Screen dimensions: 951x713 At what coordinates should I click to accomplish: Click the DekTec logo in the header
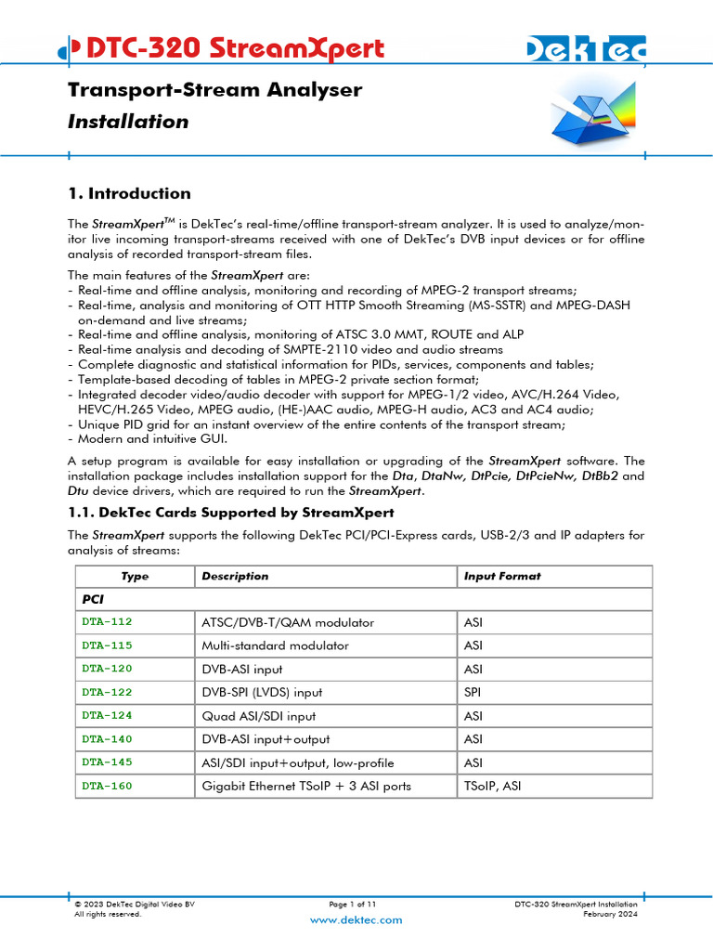pyautogui.click(x=586, y=50)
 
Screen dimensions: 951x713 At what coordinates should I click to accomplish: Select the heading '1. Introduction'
pyautogui.click(x=130, y=193)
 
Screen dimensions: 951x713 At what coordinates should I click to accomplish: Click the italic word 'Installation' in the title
pyautogui.click(x=128, y=122)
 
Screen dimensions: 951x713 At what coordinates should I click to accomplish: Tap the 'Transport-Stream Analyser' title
pyautogui.click(x=214, y=90)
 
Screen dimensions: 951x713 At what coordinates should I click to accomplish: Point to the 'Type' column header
pyautogui.click(x=135, y=576)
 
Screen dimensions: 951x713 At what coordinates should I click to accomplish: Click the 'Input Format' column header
pyautogui.click(x=501, y=576)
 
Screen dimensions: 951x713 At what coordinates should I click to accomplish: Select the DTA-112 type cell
pyautogui.click(x=107, y=622)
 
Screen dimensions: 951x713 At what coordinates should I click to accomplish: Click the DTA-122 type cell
pyautogui.click(x=107, y=692)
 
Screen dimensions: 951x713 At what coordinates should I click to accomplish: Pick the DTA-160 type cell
pyautogui.click(x=107, y=786)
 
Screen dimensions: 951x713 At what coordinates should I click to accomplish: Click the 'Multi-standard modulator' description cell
pyautogui.click(x=275, y=645)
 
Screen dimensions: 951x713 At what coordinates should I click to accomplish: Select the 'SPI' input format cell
pyautogui.click(x=472, y=692)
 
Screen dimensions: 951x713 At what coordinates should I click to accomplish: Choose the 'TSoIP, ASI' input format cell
pyautogui.click(x=493, y=786)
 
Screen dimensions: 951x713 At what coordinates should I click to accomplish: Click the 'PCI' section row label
pyautogui.click(x=93, y=600)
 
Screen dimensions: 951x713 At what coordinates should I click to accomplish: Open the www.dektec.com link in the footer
pyautogui.click(x=356, y=919)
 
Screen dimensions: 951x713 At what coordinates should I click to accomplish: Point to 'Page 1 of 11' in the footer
pyautogui.click(x=353, y=904)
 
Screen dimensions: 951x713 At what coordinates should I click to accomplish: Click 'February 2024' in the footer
pyautogui.click(x=610, y=914)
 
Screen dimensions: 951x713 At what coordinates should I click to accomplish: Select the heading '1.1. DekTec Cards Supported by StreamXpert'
pyautogui.click(x=231, y=513)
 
